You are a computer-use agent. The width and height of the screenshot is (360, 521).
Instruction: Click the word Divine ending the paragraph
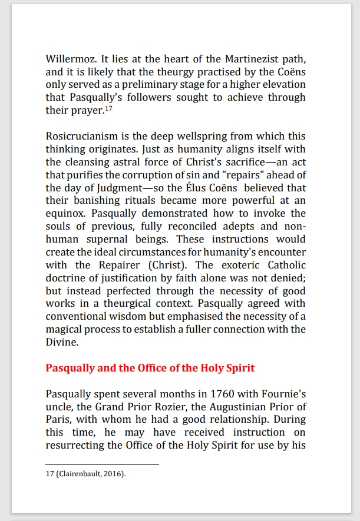click(x=61, y=341)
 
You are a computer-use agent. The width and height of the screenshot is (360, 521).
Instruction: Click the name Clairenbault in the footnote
click(x=82, y=474)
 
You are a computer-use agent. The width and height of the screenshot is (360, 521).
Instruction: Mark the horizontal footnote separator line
click(x=103, y=465)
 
